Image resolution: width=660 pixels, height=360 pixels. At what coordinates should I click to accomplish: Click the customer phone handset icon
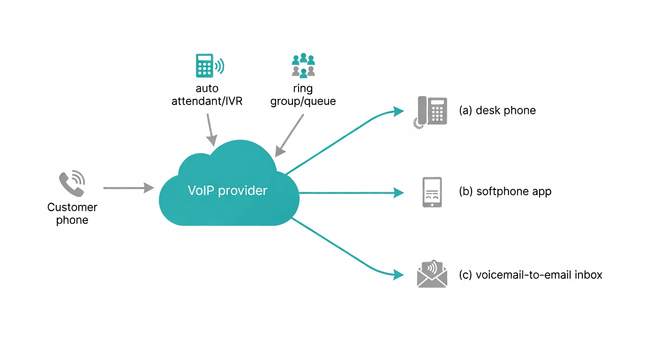click(71, 184)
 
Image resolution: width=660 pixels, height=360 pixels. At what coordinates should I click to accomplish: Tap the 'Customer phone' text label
click(72, 214)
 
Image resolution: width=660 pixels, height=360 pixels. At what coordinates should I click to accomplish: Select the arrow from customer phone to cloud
click(128, 188)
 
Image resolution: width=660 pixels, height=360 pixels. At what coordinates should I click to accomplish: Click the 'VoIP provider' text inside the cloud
click(227, 191)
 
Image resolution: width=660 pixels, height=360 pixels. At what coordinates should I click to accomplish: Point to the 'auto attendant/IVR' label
click(207, 95)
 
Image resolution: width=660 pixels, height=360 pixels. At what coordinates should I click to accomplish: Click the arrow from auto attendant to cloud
click(210, 129)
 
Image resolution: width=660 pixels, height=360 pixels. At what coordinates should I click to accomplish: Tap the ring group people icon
click(303, 65)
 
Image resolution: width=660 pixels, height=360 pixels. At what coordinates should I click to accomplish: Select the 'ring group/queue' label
click(303, 95)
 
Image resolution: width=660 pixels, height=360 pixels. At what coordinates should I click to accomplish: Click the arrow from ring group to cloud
click(289, 136)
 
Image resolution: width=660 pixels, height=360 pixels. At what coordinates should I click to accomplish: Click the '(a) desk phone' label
click(497, 111)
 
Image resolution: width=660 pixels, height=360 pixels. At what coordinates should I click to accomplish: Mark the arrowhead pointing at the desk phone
click(399, 111)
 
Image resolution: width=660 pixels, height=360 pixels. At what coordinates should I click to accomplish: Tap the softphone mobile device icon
click(432, 192)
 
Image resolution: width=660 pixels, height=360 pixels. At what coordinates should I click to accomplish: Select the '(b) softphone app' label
click(505, 191)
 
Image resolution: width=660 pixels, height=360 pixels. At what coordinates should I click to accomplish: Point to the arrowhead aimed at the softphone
click(399, 192)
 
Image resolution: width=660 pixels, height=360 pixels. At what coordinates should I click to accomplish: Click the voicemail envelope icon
click(432, 274)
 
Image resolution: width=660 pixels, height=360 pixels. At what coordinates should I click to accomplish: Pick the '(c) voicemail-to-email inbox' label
click(531, 275)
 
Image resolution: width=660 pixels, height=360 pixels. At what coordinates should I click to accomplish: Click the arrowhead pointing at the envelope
click(399, 275)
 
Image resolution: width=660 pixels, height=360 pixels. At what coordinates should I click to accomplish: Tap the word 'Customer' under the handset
click(72, 207)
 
